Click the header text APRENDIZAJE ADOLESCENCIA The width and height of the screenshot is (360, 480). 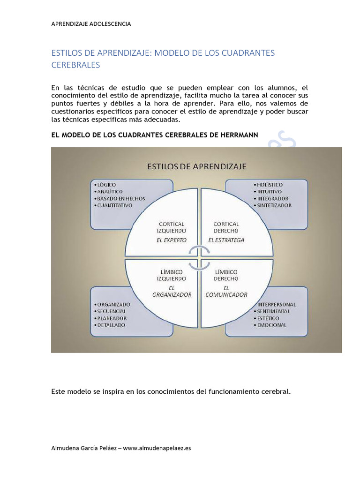(91, 24)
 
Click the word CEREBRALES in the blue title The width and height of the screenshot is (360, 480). (75, 65)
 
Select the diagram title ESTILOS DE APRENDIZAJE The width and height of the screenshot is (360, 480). (197, 166)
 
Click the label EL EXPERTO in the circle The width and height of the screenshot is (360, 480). (171, 240)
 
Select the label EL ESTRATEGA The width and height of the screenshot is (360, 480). (226, 240)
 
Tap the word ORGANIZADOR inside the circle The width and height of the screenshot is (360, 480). (172, 295)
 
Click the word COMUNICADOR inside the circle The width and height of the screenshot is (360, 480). (226, 295)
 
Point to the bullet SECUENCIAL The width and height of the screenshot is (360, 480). (112, 311)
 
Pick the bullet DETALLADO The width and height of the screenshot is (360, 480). (112, 325)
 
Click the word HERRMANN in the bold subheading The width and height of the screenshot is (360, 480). (237, 135)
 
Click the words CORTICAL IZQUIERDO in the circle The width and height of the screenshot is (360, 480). (171, 227)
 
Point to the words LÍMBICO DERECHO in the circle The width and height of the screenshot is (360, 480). (226, 275)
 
